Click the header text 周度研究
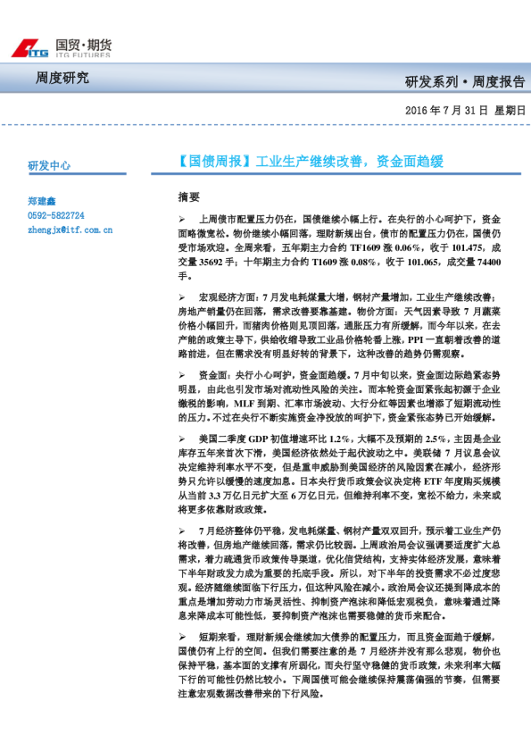coord(62,79)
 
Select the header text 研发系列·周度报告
coord(465,82)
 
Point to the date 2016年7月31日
coord(446,111)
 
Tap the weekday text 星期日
coord(510,111)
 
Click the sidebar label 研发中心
coord(49,166)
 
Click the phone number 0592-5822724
coord(56,215)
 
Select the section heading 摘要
coord(189,196)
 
